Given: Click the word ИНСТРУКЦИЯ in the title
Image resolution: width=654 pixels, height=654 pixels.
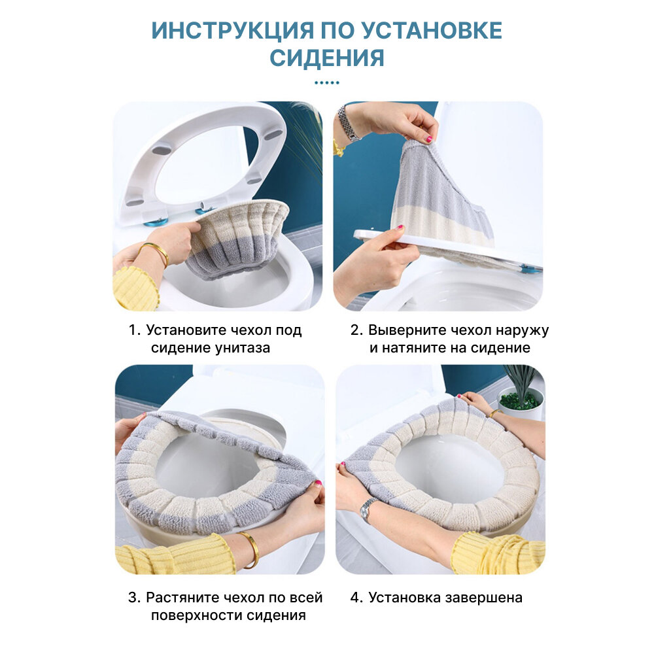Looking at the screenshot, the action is coord(232,31).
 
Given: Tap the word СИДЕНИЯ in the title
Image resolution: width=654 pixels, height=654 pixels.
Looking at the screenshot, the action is coord(327,58).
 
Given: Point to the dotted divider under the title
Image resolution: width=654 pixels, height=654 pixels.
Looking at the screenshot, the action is coord(327,82).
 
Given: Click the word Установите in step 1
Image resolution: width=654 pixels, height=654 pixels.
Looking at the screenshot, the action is coord(186,330).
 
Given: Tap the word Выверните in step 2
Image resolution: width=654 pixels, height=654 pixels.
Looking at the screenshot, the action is coord(402,330).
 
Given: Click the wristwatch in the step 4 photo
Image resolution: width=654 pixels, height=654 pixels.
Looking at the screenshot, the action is coord(368,509).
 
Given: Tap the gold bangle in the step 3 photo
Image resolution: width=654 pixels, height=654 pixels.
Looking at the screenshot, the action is coord(250,549).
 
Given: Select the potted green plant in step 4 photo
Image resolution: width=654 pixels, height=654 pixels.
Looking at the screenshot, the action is coord(521,392).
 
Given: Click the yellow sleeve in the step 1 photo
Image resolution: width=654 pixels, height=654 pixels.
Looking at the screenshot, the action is coord(135,288).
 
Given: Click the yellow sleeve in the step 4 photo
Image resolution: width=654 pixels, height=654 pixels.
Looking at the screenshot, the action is coord(498,553).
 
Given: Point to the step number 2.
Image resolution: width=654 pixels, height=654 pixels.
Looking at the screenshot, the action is coord(356,330).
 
